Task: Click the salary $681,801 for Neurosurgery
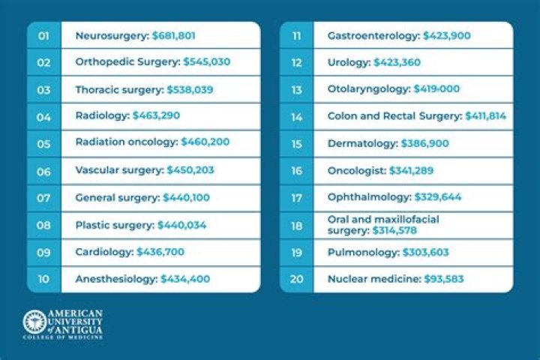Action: coord(175,35)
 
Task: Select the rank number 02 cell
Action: coord(43,62)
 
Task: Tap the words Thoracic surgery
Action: coord(118,89)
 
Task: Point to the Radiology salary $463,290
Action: coord(156,115)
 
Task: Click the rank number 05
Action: coord(43,142)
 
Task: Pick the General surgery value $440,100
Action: coord(186,197)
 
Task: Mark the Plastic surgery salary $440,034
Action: coord(181,224)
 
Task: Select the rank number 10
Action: coord(43,278)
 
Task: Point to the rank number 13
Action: coord(296,89)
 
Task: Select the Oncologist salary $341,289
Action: coord(411,170)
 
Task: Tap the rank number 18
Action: coord(296,224)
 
